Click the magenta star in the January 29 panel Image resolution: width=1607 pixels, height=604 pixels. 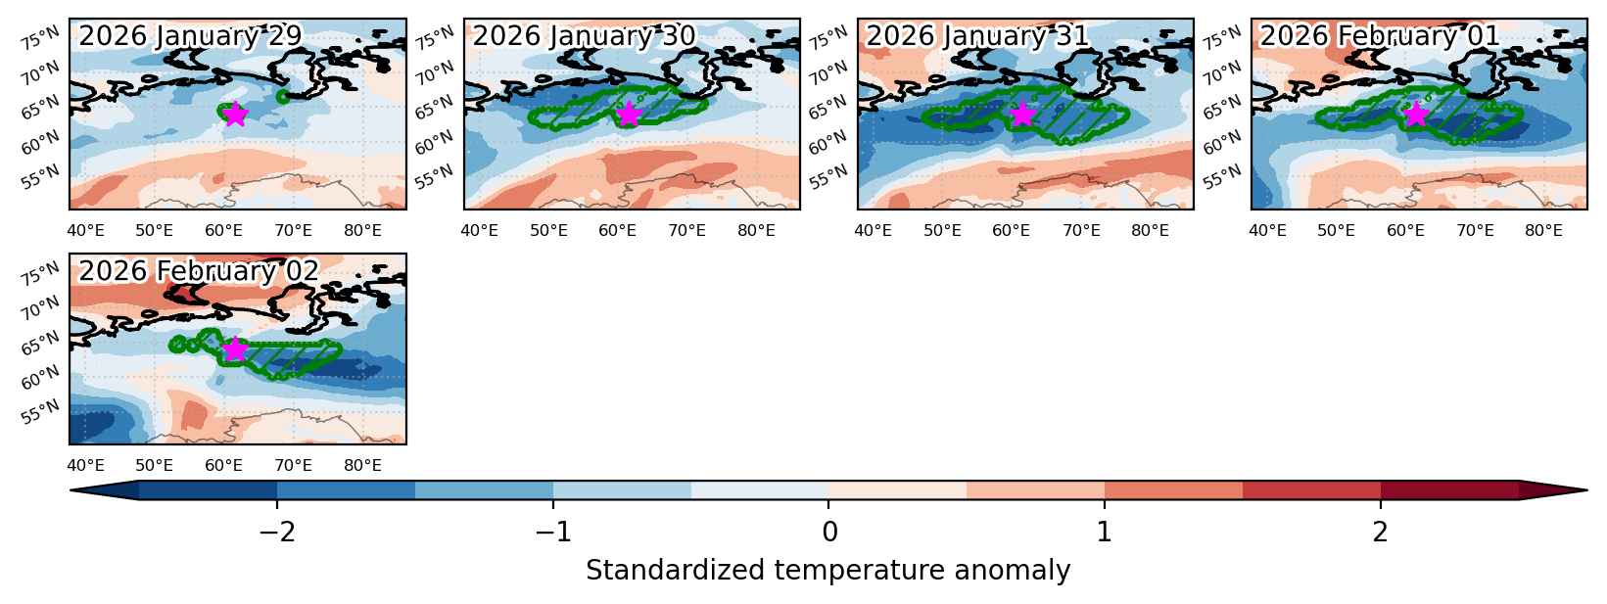[x=235, y=115]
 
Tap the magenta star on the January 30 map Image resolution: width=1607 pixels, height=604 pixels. [x=629, y=115]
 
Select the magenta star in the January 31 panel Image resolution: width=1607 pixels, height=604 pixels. [x=1022, y=115]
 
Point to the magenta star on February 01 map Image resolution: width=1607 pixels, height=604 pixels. [x=1415, y=115]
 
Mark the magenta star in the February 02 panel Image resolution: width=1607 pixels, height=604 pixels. [x=235, y=349]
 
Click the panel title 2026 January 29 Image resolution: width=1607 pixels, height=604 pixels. [x=190, y=36]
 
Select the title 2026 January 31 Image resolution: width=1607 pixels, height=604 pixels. [x=978, y=36]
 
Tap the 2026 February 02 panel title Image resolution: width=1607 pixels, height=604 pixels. [x=199, y=271]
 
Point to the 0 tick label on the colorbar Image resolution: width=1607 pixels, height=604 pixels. [x=829, y=533]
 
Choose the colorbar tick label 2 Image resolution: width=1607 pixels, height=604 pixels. [x=1381, y=533]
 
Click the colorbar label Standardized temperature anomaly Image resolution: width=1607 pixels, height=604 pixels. [x=827, y=571]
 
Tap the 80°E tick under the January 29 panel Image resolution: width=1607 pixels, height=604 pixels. [x=362, y=231]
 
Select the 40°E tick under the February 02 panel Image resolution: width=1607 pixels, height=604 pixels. [x=85, y=466]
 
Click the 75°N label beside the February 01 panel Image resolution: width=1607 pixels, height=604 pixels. [x=1222, y=37]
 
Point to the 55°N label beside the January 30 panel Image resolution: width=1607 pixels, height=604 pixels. [x=434, y=176]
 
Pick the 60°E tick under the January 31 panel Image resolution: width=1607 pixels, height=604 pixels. [x=1011, y=231]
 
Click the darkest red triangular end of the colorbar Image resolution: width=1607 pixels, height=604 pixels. [x=1552, y=489]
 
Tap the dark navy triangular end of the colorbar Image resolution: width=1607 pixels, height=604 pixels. [x=104, y=489]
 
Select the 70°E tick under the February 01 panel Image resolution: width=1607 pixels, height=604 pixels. [x=1474, y=231]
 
